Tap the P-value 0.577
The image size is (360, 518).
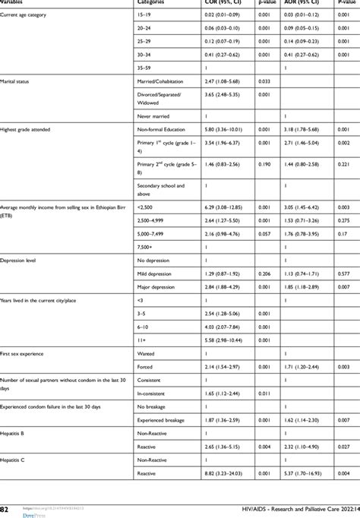pyautogui.click(x=343, y=273)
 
